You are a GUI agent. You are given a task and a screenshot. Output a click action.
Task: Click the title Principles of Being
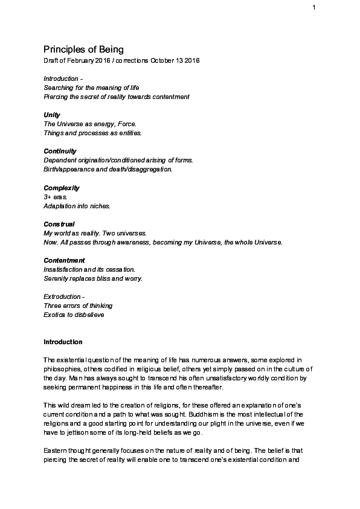83,49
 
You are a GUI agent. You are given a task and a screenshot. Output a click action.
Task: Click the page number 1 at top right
315,7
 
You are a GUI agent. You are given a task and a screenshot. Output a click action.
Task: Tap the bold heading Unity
52,115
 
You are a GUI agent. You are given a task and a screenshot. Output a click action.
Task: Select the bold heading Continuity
60,151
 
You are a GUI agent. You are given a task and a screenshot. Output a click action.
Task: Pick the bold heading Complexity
62,188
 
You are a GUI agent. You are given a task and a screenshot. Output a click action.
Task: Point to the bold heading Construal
59,224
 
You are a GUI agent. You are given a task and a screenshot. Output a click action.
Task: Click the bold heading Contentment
64,260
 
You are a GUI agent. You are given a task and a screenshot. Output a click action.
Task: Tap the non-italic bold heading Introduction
63,342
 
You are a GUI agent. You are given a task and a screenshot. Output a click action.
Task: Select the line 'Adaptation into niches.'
77,206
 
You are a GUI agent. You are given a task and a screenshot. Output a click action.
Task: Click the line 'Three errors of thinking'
78,306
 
